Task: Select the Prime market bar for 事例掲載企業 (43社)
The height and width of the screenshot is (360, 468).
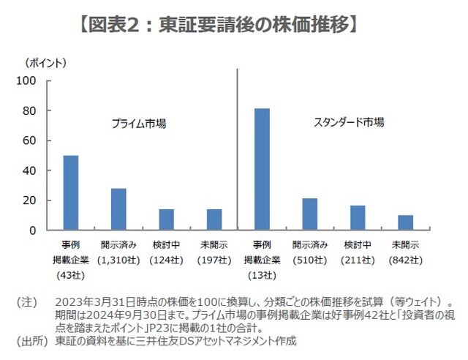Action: [71, 193]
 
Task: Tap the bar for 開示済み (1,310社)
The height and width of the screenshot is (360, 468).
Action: [118, 209]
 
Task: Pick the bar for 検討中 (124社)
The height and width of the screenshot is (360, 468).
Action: [166, 220]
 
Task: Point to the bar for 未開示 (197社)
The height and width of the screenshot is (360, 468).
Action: [214, 220]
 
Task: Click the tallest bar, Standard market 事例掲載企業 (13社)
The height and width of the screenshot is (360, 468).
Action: [262, 170]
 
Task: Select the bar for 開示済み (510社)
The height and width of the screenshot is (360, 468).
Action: [310, 214]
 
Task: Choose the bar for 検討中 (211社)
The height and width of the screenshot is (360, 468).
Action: [358, 218]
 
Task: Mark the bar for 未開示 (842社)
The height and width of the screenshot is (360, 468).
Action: [405, 222]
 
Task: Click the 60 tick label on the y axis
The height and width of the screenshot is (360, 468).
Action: [37, 140]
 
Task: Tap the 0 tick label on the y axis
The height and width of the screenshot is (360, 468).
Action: [41, 230]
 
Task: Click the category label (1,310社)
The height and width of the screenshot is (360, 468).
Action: [118, 260]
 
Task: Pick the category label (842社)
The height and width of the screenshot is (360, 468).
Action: [405, 260]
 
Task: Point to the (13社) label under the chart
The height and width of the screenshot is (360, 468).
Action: [262, 275]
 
